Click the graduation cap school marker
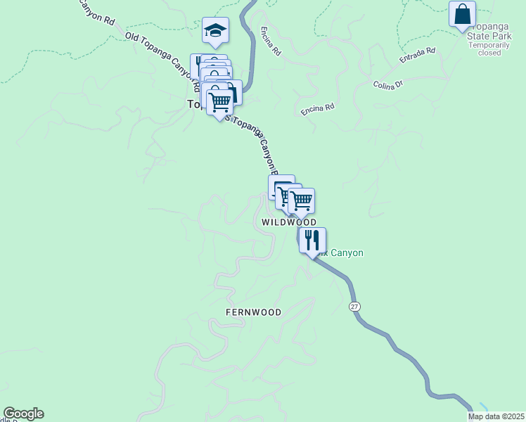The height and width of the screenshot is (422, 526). [216, 30]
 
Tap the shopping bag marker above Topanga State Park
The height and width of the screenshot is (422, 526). [462, 14]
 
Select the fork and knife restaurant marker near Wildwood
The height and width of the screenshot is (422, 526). [312, 240]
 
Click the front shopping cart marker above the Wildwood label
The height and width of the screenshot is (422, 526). [301, 201]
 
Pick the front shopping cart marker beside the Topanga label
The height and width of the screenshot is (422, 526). [219, 103]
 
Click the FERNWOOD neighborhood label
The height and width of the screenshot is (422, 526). [253, 312]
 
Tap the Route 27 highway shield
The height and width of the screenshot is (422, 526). [354, 307]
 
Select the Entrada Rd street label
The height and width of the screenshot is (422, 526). [418, 56]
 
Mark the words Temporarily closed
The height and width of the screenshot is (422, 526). [485, 49]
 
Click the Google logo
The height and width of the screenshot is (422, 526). [23, 414]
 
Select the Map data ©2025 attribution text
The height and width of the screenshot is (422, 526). [496, 416]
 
